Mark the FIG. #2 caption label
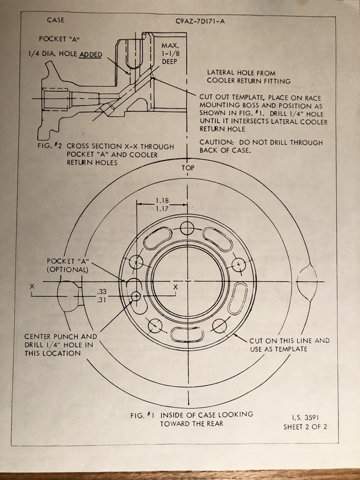click(50, 146)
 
